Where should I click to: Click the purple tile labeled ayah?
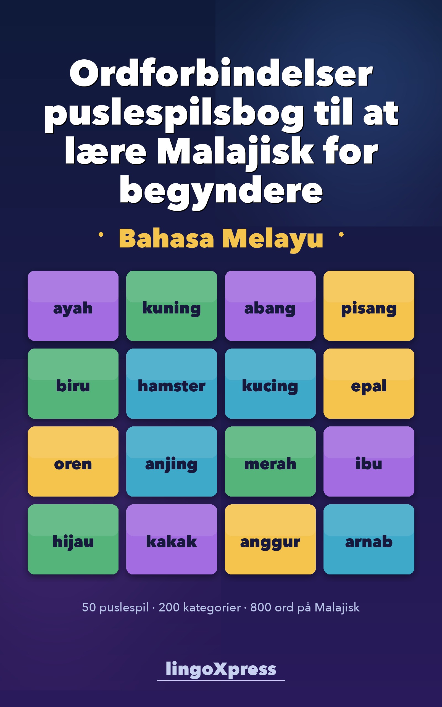coord(73,306)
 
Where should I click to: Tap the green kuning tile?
coord(172,306)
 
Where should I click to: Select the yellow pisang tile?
coord(369,306)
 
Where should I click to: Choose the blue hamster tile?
coord(172,384)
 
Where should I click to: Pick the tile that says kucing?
coord(270,384)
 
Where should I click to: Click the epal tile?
coord(369,384)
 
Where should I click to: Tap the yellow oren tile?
coord(73,461)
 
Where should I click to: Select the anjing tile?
coord(172,461)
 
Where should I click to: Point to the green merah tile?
coord(270,461)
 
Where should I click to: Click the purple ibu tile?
coord(369,461)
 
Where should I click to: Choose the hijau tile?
coord(73,539)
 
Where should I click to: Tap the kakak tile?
coord(172,539)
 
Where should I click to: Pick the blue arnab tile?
coord(369,539)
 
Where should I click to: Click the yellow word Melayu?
coord(272,239)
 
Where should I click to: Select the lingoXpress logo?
coord(221,669)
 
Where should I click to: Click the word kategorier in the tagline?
coord(212,607)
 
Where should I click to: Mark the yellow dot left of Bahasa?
coord(101,234)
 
